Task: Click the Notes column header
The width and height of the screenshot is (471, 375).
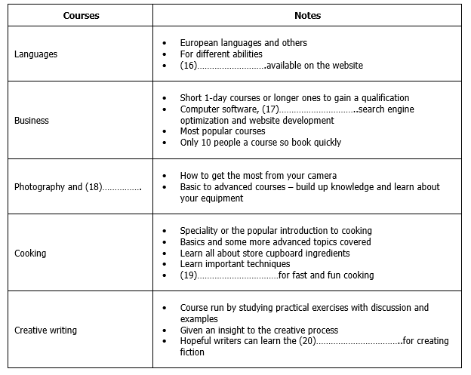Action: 306,15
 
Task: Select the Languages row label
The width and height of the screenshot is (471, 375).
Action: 35,54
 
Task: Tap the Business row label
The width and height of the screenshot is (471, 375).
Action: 32,121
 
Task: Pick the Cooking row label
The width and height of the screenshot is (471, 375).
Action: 30,254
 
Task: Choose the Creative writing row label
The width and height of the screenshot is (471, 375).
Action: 45,330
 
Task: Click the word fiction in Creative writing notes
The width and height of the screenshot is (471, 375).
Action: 192,352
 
